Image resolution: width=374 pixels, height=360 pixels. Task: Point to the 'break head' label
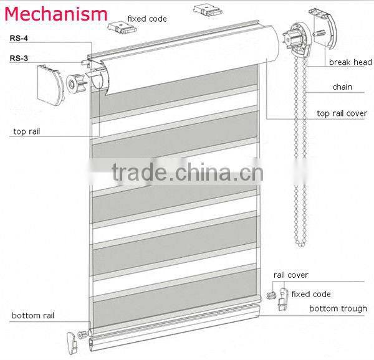350,62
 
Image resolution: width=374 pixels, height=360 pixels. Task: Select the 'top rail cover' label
342,113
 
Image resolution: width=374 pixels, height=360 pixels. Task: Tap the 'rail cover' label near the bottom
290,275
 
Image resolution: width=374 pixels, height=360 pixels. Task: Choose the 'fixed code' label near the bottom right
310,294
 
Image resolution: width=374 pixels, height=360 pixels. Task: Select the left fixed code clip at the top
117,26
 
